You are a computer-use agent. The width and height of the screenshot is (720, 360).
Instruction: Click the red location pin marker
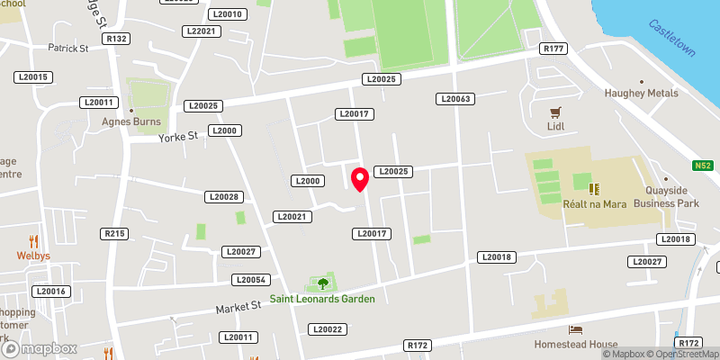point(360,179)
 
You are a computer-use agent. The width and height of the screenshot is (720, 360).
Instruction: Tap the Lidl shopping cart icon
point(555,112)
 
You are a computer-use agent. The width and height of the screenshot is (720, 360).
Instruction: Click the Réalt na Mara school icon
point(594,188)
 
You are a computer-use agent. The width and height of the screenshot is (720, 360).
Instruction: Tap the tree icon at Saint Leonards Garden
point(322,283)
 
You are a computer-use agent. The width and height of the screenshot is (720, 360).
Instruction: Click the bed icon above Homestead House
point(575,330)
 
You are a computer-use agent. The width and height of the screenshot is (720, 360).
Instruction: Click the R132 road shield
point(116,39)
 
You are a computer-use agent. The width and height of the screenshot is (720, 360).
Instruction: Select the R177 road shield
point(552,48)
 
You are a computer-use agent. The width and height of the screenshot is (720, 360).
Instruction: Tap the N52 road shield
point(703,166)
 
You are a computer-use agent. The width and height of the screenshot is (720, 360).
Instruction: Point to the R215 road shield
point(115,234)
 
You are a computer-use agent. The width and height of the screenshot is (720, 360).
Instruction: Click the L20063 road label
point(454,98)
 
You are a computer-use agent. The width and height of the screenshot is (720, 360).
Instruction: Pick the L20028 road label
point(223,196)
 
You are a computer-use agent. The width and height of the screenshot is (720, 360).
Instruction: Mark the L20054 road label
point(250,280)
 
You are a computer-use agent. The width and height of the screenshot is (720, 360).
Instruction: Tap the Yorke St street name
point(177,137)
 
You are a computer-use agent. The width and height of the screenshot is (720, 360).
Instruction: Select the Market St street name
point(238,308)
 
